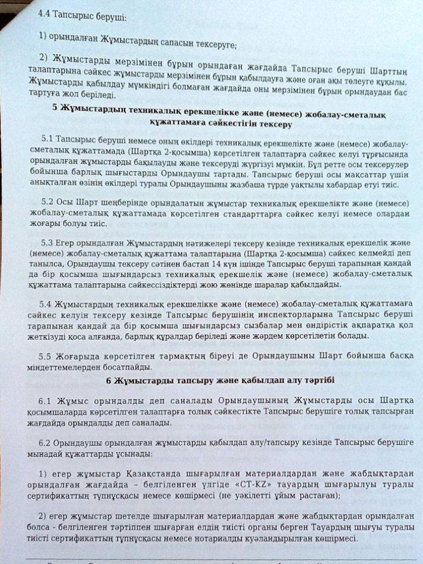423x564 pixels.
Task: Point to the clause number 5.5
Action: [46, 356]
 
